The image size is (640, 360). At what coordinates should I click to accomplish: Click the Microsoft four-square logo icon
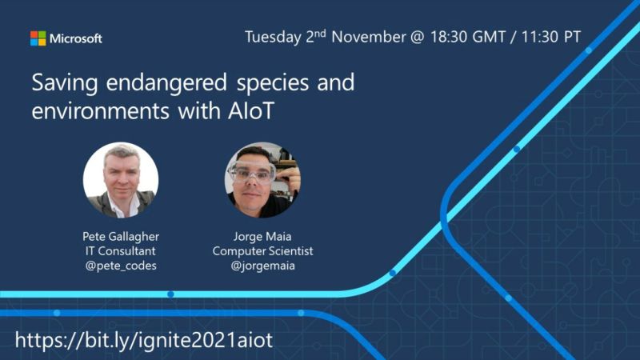(x=38, y=38)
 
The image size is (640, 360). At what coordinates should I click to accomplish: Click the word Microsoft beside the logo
(x=75, y=38)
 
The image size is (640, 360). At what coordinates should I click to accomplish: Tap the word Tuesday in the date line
(x=273, y=37)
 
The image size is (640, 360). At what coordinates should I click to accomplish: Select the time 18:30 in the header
(x=449, y=37)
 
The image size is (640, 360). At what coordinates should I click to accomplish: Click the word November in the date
(x=369, y=37)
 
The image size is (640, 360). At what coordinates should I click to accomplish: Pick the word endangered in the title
(x=166, y=83)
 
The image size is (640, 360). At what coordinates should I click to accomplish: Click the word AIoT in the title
(x=251, y=110)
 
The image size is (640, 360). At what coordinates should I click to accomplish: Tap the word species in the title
(x=273, y=84)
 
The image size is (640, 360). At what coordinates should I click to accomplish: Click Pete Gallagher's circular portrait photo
(x=121, y=180)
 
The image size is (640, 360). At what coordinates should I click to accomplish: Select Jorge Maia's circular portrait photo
(x=262, y=180)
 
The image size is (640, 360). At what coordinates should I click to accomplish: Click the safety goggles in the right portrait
(x=252, y=172)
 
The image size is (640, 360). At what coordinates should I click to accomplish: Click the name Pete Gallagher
(x=121, y=236)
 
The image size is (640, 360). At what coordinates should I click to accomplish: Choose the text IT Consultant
(x=121, y=250)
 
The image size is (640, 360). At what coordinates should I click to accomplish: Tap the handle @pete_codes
(x=121, y=266)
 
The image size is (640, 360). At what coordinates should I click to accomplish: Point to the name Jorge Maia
(x=262, y=236)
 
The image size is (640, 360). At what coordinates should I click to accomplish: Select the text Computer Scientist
(x=263, y=251)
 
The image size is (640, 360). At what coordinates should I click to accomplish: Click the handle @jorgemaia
(x=263, y=266)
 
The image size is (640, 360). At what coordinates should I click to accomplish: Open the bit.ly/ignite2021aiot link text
(x=144, y=340)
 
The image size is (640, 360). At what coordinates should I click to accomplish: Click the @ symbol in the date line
(x=418, y=37)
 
